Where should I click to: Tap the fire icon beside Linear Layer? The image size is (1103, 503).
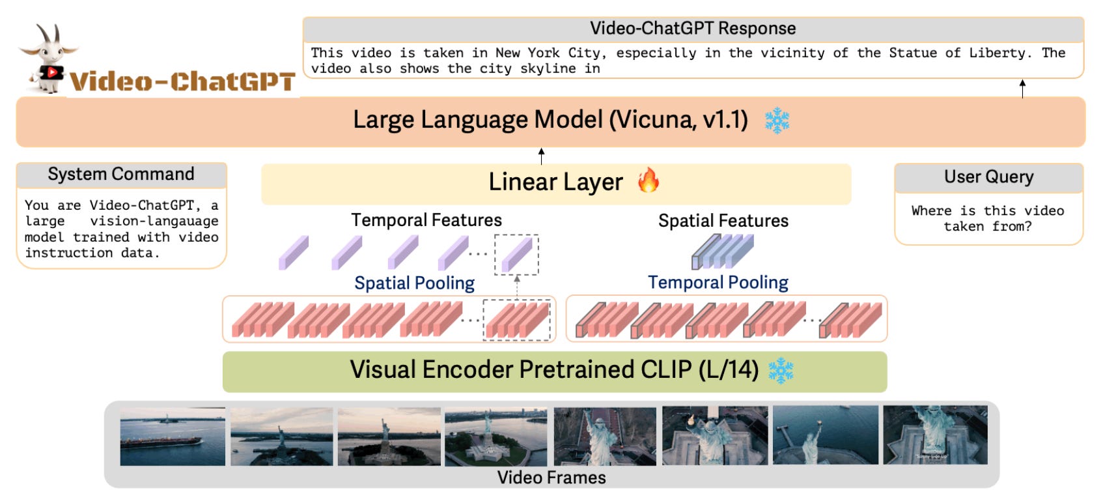pyautogui.click(x=648, y=180)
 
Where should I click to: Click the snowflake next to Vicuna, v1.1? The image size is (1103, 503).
pyautogui.click(x=776, y=121)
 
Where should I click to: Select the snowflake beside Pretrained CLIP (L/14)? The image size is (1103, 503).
pyautogui.click(x=780, y=370)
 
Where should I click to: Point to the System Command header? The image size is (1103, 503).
pyautogui.click(x=121, y=175)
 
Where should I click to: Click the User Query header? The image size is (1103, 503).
pyautogui.click(x=988, y=177)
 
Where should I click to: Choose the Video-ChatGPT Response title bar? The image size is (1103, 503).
pyautogui.click(x=693, y=29)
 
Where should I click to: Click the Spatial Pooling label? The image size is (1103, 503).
pyautogui.click(x=414, y=283)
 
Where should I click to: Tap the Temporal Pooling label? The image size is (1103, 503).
pyautogui.click(x=718, y=282)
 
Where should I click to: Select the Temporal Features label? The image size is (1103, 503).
pyautogui.click(x=426, y=220)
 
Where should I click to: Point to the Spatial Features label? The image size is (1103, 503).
pyautogui.click(x=723, y=221)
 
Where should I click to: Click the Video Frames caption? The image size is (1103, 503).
pyautogui.click(x=551, y=478)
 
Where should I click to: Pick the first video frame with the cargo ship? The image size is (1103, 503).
pyautogui.click(x=173, y=436)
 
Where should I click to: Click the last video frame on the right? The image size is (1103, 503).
pyautogui.click(x=935, y=435)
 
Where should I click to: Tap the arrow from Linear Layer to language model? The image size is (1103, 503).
pyautogui.click(x=541, y=156)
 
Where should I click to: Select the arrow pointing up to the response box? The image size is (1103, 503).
pyautogui.click(x=1022, y=88)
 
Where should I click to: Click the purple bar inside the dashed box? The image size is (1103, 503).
pyautogui.click(x=517, y=255)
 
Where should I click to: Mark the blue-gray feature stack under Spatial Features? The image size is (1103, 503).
pyautogui.click(x=722, y=252)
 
